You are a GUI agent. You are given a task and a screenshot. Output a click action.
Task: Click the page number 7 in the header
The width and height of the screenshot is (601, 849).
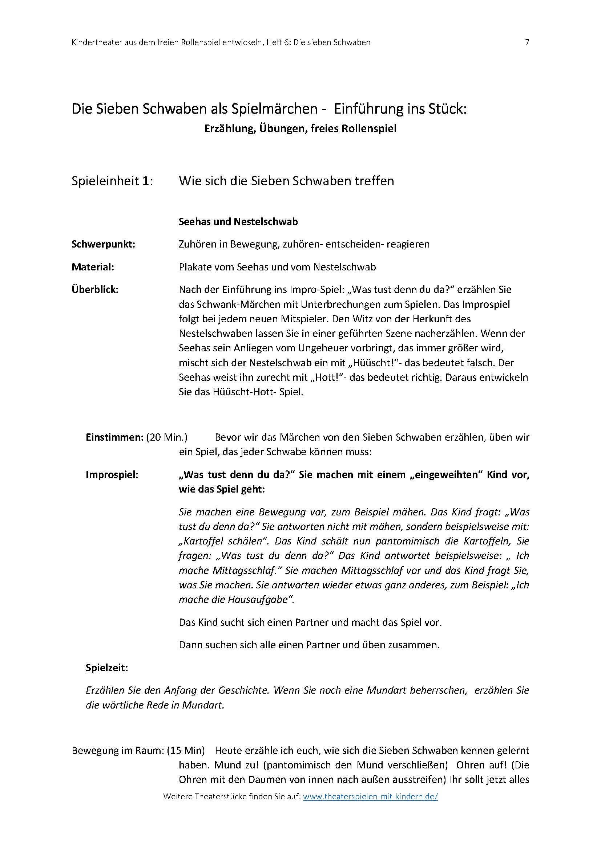tap(527, 42)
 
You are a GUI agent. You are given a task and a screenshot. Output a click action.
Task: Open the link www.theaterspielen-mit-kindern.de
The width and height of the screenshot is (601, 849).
tap(370, 796)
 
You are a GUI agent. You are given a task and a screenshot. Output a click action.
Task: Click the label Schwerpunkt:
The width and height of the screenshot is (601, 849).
tap(103, 244)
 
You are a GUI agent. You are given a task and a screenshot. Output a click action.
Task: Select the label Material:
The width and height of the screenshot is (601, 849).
tap(93, 267)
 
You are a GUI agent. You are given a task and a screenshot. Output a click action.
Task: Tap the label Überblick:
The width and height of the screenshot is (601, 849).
tap(95, 290)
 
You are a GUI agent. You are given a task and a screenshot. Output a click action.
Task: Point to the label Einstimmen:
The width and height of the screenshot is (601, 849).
tap(114, 437)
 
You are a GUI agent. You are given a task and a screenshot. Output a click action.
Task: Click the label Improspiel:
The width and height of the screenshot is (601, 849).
tap(112, 475)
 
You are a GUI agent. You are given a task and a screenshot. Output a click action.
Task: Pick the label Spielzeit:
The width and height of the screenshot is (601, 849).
tap(107, 668)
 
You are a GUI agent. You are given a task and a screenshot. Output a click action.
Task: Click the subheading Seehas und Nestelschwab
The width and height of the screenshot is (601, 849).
tap(238, 222)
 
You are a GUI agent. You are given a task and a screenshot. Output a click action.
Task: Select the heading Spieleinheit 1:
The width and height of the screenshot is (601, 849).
tap(112, 181)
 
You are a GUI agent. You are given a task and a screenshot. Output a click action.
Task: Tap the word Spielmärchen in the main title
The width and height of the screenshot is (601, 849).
tap(274, 109)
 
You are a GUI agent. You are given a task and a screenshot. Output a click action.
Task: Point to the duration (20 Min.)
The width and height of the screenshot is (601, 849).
tap(167, 437)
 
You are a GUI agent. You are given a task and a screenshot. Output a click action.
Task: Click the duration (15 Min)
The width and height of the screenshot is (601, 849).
tap(186, 751)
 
